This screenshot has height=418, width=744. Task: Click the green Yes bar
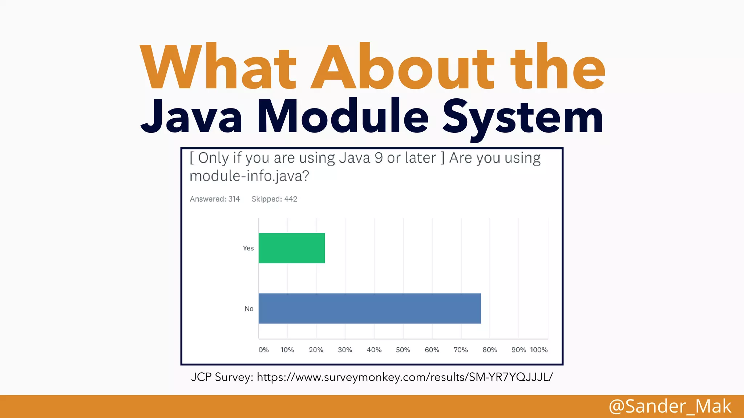pos(292,248)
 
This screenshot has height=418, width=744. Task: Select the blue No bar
pos(369,308)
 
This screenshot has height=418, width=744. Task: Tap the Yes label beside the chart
pos(248,248)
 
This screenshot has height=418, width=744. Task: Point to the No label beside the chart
pos(249,309)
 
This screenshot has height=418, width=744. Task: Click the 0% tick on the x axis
pos(263,350)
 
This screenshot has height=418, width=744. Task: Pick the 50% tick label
pos(403,350)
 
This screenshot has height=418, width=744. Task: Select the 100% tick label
pos(538,350)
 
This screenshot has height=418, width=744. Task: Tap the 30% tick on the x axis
pos(345,350)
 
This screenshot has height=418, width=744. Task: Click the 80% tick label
pos(490,350)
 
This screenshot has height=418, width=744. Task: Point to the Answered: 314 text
pos(215,199)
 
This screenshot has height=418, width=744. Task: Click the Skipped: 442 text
pos(274,199)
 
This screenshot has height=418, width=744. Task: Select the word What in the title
pos(218,67)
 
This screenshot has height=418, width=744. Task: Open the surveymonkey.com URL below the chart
pos(405,377)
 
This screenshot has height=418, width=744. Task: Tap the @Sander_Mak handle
pos(670,406)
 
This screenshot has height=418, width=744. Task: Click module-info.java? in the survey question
pos(249,176)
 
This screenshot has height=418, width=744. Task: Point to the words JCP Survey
pos(222,377)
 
